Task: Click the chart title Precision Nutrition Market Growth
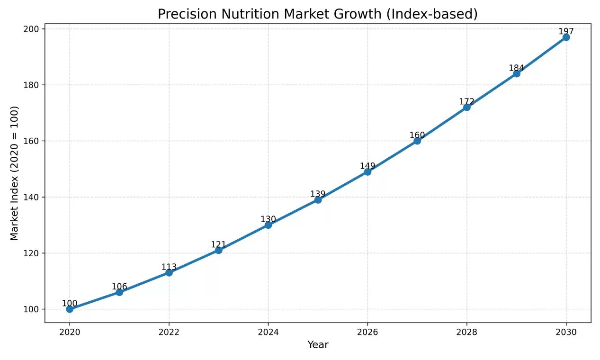317,14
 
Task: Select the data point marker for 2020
70,309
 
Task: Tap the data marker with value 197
566,37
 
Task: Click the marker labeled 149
367,171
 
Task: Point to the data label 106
119,287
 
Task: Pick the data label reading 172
466,101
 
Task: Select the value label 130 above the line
268,219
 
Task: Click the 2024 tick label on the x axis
268,332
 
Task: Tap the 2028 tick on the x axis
466,332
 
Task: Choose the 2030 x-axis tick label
566,332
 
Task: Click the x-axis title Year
318,345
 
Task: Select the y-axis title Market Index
15,173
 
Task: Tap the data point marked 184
516,73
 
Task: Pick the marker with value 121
218,250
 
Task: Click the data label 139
318,194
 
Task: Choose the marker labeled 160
417,141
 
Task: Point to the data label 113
169,267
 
